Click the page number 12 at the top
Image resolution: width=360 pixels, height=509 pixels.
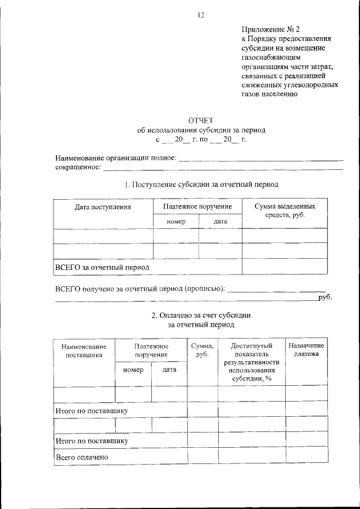201,15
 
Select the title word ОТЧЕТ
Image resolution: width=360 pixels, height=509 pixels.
201,120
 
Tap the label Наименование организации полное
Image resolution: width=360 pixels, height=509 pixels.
115,158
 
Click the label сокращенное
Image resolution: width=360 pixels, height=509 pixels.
78,167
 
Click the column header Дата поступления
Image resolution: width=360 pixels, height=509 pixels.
103,207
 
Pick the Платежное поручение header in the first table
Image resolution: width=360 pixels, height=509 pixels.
197,207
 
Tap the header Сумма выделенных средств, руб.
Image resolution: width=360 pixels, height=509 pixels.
284,211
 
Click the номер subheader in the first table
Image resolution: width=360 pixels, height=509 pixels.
176,222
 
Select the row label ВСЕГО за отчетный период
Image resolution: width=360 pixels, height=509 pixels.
102,267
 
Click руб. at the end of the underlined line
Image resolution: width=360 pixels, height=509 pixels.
325,297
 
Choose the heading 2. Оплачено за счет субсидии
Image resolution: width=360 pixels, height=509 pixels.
201,316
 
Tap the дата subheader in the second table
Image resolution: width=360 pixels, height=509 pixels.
169,370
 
